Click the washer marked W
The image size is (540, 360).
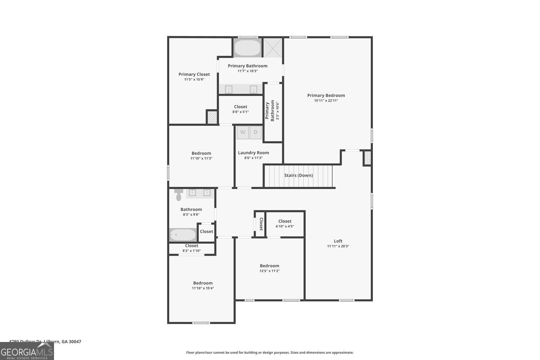[243, 132]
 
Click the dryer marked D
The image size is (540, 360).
[256, 132]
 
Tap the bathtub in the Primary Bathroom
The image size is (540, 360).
[248, 48]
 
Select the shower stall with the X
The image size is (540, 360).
[272, 48]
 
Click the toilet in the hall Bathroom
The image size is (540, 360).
[179, 194]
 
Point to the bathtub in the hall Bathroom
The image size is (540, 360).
[183, 235]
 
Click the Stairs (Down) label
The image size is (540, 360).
[298, 175]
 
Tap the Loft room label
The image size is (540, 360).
[338, 241]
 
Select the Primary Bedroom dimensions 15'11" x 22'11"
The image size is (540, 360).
[326, 101]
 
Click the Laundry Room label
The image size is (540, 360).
[253, 153]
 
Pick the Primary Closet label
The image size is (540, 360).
[194, 75]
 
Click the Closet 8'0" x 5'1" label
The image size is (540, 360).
[240, 107]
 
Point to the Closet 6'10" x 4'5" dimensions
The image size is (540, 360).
[285, 226]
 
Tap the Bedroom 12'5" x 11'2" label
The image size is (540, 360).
[269, 266]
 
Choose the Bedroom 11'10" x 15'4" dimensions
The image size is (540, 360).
[203, 288]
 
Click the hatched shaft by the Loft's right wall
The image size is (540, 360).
[367, 158]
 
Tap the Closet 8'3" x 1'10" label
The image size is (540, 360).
[192, 246]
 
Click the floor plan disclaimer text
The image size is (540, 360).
[270, 353]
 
